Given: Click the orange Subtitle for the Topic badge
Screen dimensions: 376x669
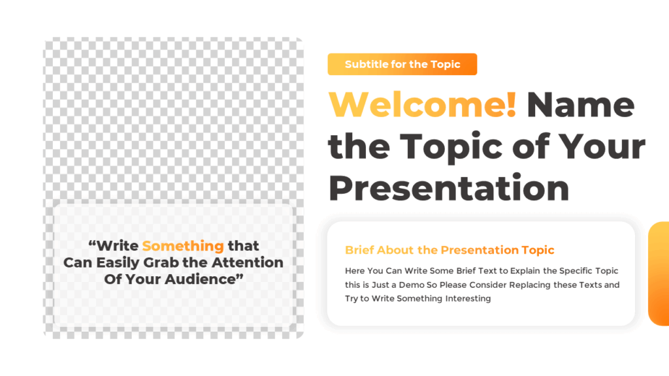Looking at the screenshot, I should [402, 65].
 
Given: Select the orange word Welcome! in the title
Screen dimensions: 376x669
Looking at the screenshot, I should [422, 105].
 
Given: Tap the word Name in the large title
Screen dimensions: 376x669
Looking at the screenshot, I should [580, 105].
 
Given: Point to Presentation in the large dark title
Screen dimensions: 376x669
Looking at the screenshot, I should [449, 187].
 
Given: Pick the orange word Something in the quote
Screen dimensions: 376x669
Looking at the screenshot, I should [183, 246].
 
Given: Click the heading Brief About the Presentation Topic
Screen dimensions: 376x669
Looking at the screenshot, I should [449, 250].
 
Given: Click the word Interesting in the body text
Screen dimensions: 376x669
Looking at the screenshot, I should [468, 299].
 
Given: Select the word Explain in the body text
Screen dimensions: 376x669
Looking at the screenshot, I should [533, 270].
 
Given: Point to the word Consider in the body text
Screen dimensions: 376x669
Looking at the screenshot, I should [493, 285].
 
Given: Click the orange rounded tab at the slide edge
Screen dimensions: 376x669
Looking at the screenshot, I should [659, 274].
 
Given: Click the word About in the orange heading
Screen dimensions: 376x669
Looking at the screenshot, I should [394, 250].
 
